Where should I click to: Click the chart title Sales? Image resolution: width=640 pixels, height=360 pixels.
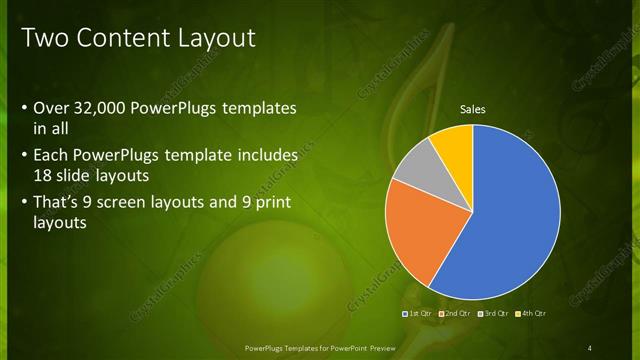(x=473, y=109)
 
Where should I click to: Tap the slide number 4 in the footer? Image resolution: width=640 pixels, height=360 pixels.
(x=590, y=347)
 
